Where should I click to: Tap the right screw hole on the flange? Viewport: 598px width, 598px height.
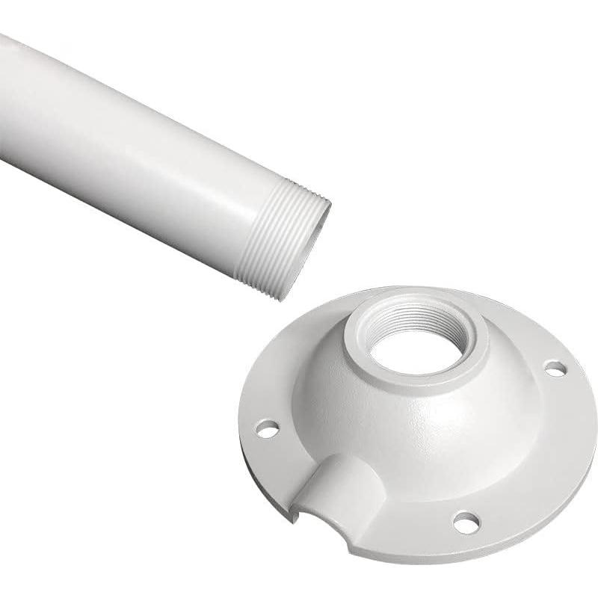click(555, 368)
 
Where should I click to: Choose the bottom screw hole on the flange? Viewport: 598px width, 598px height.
click(464, 521)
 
